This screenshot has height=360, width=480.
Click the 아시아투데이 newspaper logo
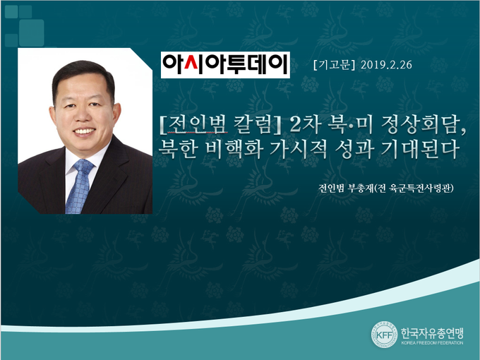[x=225, y=65]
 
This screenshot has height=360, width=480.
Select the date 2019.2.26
[x=386, y=65]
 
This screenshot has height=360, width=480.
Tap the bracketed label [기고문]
[x=334, y=65]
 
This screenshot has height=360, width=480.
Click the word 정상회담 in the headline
[x=424, y=125]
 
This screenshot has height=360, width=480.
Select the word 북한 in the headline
[x=178, y=149]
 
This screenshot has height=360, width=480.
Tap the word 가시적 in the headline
[x=299, y=149]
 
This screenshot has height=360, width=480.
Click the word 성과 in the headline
[x=354, y=149]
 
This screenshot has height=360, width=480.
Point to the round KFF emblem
[x=384, y=335]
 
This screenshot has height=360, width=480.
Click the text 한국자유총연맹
[x=432, y=332]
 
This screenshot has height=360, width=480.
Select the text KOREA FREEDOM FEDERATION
[x=432, y=343]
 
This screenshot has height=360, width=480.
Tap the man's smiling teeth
[x=85, y=131]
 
